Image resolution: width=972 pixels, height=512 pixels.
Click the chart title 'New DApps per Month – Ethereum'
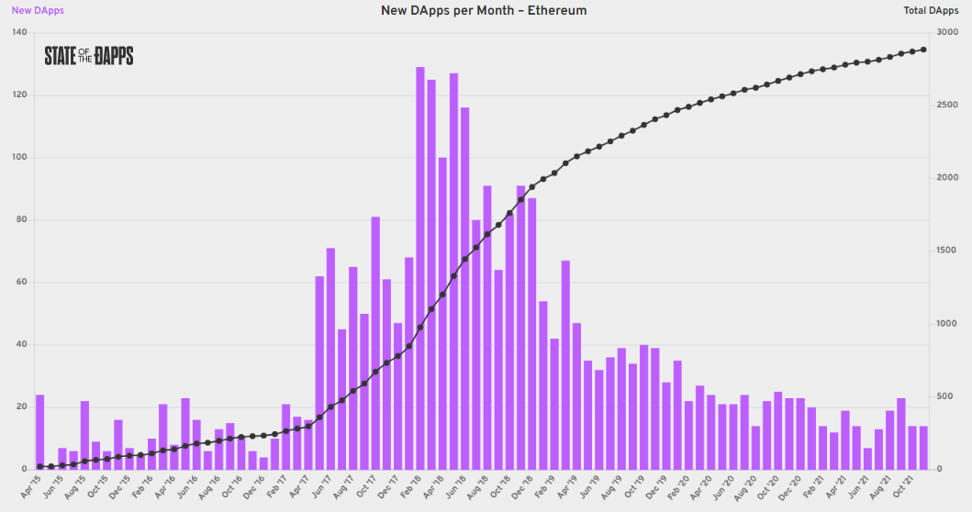click(x=484, y=10)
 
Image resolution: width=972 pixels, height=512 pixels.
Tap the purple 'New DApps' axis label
click(x=38, y=11)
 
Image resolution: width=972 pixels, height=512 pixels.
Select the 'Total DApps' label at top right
click(x=932, y=11)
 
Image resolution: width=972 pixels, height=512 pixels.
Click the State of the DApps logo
click(x=89, y=56)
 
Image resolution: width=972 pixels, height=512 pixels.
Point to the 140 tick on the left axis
click(x=18, y=32)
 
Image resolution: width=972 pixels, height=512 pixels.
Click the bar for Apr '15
click(x=39, y=431)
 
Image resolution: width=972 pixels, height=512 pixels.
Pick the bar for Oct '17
click(x=375, y=343)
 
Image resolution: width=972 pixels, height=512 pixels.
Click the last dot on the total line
click(x=923, y=50)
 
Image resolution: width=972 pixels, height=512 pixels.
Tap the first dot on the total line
click(x=39, y=466)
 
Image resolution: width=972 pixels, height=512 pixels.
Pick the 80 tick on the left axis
click(x=18, y=220)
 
